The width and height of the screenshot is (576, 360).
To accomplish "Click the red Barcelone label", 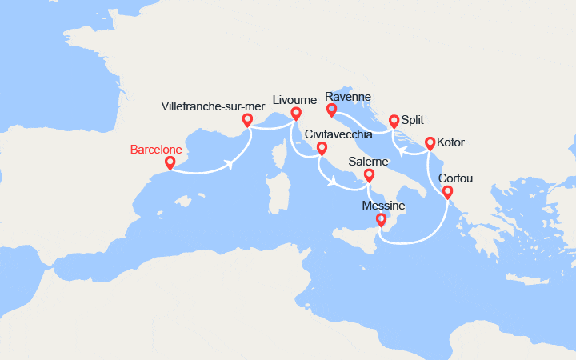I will click(156, 150).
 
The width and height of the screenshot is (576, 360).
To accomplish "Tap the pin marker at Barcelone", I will click(170, 162).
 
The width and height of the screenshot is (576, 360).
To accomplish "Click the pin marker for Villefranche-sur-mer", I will click(247, 120).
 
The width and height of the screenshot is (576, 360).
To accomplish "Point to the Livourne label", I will click(295, 100).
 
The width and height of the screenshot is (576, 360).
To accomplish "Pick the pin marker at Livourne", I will click(295, 114).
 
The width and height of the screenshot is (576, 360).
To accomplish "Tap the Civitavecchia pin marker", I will click(322, 149).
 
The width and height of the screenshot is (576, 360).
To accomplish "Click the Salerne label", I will click(369, 162).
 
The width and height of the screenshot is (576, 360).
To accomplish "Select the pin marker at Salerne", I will click(369, 175).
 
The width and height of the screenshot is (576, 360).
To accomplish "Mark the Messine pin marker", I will click(382, 220).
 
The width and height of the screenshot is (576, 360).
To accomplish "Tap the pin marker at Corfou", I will click(447, 192).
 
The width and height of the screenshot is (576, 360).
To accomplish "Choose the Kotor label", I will click(450, 142).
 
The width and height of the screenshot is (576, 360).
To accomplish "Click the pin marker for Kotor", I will click(430, 144).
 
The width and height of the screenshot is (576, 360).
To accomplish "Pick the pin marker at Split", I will click(394, 122).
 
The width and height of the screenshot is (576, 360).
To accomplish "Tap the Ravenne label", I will click(349, 98).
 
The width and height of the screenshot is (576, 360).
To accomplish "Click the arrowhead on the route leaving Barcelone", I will click(230, 164).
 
